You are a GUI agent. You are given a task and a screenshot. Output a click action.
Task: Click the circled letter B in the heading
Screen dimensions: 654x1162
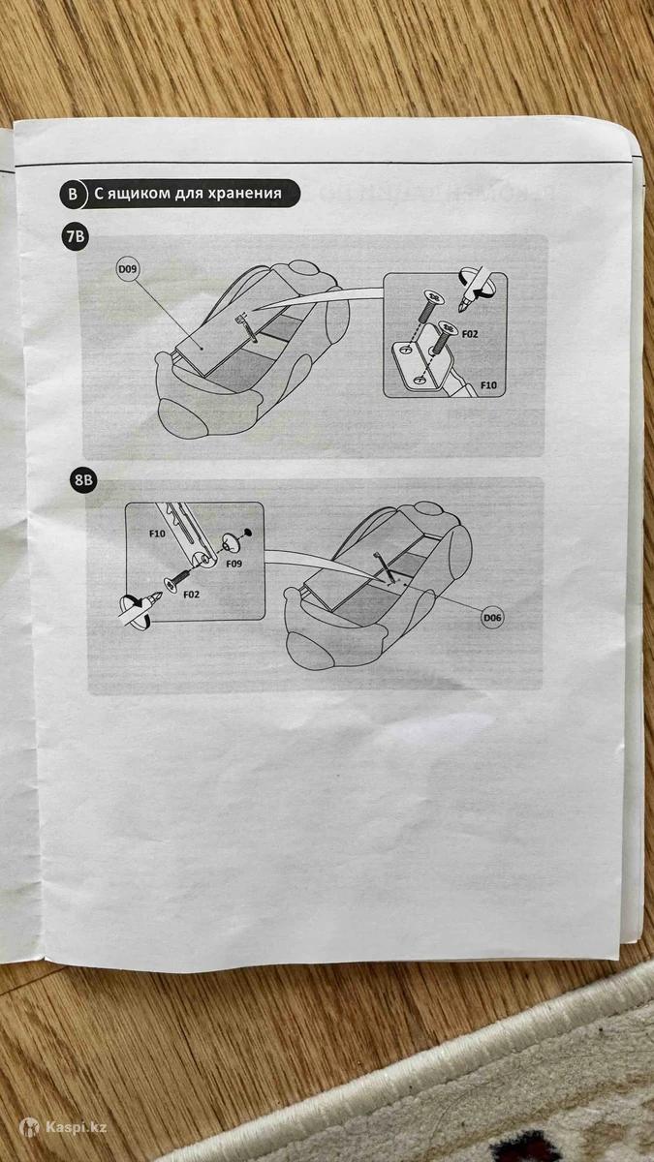73,194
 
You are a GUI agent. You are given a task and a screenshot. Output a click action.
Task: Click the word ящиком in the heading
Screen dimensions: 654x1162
138,194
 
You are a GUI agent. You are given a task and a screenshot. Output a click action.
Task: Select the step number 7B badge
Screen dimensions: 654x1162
75,237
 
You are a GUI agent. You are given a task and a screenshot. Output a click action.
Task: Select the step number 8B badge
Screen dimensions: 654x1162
83,480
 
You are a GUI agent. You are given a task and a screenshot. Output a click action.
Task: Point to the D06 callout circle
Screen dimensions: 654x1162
492,618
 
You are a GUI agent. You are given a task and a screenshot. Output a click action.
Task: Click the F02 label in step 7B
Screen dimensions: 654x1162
470,334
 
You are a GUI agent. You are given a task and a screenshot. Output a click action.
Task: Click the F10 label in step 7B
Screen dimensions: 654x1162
488,385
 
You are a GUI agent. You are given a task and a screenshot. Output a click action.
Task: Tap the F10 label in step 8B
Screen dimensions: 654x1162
157,533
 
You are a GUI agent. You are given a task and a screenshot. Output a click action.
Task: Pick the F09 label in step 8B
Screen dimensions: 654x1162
234,564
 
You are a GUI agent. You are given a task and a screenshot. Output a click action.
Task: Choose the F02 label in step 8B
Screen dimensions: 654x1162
192,594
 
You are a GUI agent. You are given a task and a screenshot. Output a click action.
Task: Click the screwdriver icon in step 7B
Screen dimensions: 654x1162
475,290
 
